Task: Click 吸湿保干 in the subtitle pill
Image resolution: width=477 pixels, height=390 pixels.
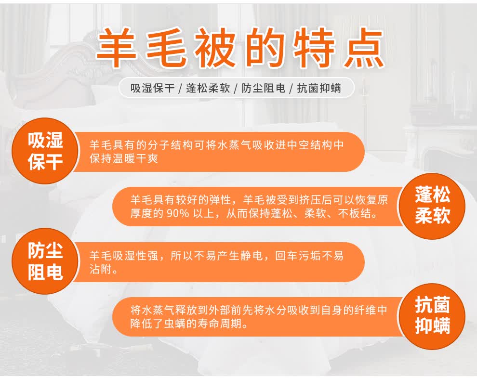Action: (x=153, y=88)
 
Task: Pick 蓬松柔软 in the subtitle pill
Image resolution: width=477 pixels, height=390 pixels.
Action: (x=208, y=88)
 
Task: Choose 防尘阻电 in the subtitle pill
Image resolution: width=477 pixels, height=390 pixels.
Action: (x=264, y=88)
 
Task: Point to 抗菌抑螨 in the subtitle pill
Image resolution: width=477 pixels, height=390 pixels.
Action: (x=319, y=88)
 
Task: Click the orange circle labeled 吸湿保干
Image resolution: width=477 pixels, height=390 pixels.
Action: (x=45, y=151)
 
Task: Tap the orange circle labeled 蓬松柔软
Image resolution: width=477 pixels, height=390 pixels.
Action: (x=432, y=206)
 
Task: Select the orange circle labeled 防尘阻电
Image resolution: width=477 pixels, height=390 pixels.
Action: (x=45, y=261)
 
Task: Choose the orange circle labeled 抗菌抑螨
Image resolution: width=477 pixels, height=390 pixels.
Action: (x=432, y=316)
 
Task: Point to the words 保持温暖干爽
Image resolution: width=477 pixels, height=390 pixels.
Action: (x=124, y=158)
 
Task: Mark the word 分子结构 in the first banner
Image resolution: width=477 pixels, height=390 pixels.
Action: (x=171, y=145)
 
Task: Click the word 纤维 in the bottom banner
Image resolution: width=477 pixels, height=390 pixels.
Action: (x=365, y=310)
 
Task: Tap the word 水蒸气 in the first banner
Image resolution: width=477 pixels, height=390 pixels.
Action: (x=235, y=145)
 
